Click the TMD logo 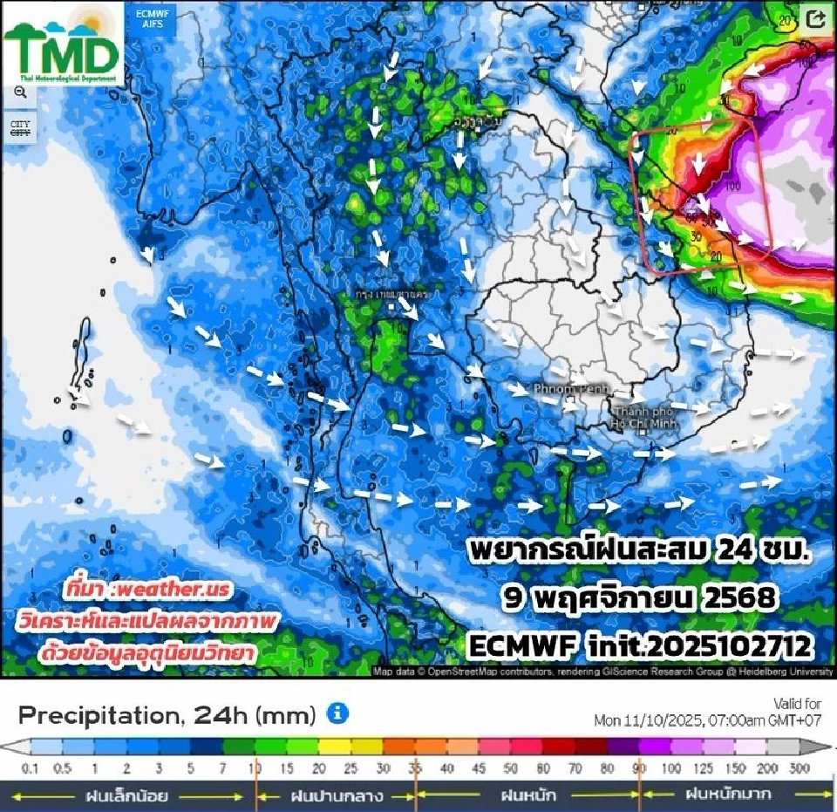pyautogui.click(x=63, y=44)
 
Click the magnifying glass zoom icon pyautogui.click(x=20, y=92)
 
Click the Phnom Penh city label pyautogui.click(x=568, y=387)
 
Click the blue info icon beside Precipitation pyautogui.click(x=337, y=713)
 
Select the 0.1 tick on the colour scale pyautogui.click(x=30, y=768)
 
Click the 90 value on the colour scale pyautogui.click(x=639, y=768)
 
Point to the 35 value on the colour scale pyautogui.click(x=416, y=768)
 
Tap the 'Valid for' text pyautogui.click(x=797, y=703)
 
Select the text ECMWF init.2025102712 pyautogui.click(x=639, y=646)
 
